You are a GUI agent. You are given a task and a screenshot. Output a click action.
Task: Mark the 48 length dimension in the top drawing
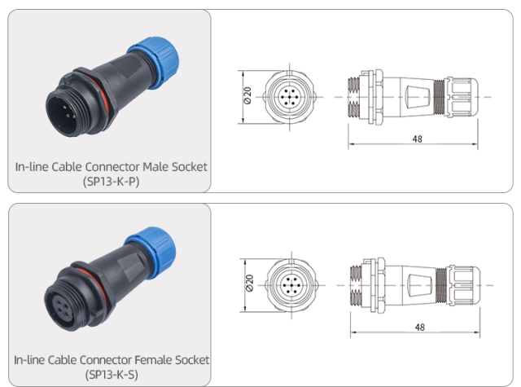point(418,139)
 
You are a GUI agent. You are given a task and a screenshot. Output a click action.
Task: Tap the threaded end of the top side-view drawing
point(355,97)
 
